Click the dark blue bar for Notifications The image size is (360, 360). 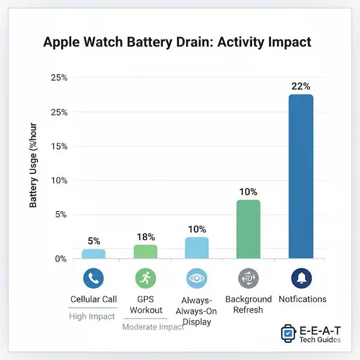(301, 177)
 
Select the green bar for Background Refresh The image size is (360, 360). (248, 229)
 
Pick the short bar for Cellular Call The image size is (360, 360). (94, 254)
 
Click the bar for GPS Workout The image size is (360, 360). (145, 251)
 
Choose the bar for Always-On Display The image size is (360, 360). (197, 248)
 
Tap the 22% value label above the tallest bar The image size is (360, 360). (301, 86)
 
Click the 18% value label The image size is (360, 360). (145, 237)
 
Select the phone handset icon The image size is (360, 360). (94, 278)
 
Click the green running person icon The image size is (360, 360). (145, 278)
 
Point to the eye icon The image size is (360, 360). (197, 278)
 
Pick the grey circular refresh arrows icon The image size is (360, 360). (248, 278)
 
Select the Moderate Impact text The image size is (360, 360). (154, 327)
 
